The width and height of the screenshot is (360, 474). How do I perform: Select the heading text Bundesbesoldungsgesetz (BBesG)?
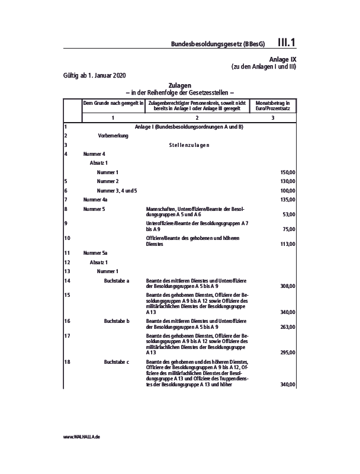tap(217, 44)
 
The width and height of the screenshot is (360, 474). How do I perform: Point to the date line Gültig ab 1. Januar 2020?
tap(94, 75)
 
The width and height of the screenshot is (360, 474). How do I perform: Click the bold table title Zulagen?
tap(180, 86)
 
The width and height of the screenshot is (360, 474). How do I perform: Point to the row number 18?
tap(67, 361)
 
